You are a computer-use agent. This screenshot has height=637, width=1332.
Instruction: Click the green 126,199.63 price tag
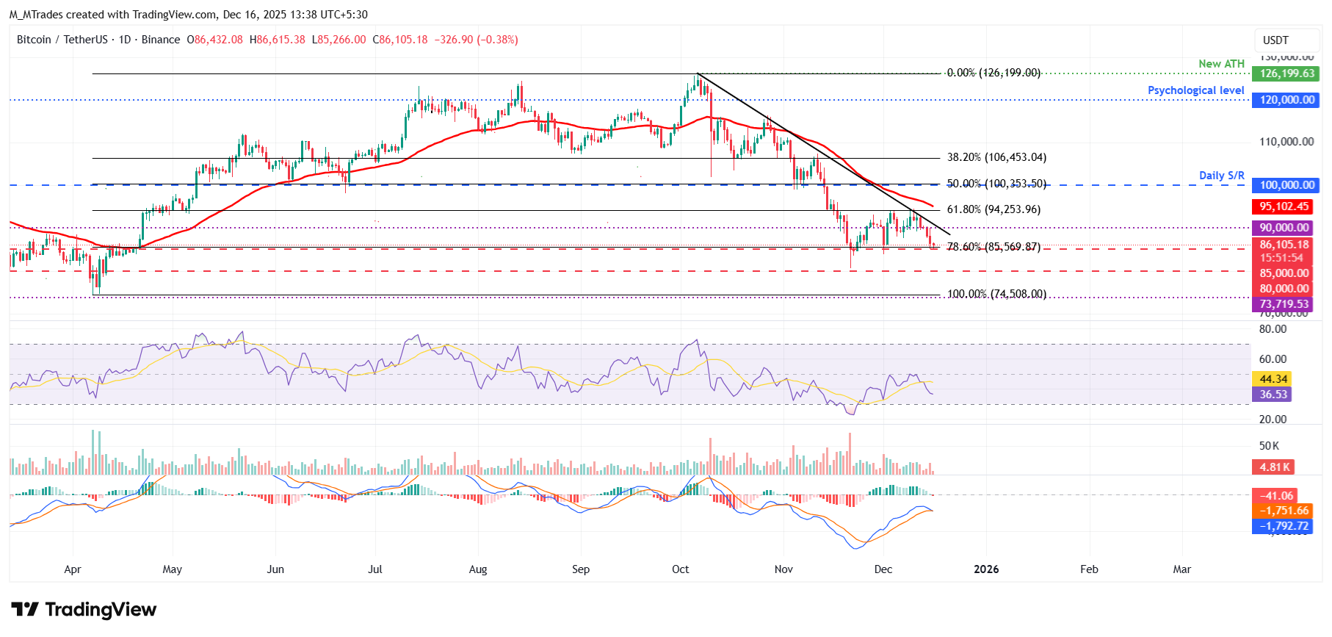pos(1286,73)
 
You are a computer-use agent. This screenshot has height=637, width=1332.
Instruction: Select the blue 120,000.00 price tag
pos(1286,100)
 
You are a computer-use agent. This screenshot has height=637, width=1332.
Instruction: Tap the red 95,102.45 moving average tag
pos(1284,207)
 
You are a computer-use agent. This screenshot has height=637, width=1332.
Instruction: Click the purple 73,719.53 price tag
pos(1284,304)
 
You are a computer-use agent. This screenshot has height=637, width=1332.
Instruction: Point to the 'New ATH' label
pos(1221,64)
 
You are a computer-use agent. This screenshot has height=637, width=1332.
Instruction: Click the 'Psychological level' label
pos(1195,90)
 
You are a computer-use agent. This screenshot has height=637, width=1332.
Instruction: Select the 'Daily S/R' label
pos(1221,176)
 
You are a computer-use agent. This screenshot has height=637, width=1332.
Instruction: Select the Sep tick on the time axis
pos(581,569)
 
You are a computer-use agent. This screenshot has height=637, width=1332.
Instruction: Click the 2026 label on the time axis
pos(985,569)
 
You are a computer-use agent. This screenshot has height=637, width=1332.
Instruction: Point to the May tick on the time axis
pos(172,569)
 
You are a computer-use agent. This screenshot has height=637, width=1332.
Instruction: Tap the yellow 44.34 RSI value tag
pos(1273,379)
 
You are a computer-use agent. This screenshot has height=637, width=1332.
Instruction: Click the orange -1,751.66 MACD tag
pos(1284,511)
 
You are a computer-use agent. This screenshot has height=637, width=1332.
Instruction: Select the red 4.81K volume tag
pos(1273,467)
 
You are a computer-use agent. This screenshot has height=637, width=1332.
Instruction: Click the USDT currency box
pos(1275,40)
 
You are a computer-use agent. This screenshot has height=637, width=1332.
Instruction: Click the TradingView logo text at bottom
pos(84,610)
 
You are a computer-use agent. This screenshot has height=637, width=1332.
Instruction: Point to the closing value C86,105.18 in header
pos(400,40)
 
